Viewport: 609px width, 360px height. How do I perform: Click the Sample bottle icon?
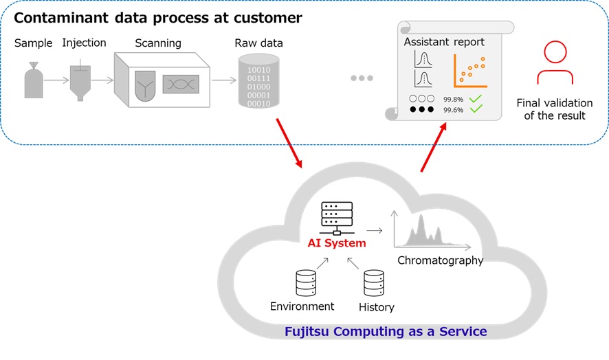(x=33, y=80)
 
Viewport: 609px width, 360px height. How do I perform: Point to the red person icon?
(x=555, y=63)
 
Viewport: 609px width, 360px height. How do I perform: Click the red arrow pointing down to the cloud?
(x=289, y=143)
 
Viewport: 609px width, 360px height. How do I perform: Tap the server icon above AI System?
(x=336, y=218)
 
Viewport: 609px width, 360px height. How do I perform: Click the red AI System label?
(x=336, y=243)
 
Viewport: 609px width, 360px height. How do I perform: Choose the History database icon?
(x=373, y=283)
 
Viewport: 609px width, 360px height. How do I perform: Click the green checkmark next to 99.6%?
(x=475, y=109)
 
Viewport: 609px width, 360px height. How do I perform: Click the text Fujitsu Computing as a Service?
(x=386, y=332)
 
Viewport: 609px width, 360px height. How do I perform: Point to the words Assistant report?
(x=444, y=42)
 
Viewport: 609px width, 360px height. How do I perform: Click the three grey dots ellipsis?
(x=362, y=78)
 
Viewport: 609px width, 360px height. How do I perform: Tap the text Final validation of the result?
(x=554, y=109)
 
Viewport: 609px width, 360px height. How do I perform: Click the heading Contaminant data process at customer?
(x=158, y=18)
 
